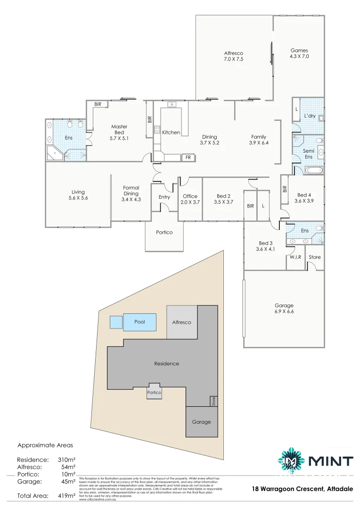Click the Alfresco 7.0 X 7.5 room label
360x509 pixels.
tap(234, 56)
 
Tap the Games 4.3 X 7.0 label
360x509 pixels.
tap(299, 53)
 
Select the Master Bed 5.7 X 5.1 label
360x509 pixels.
tap(119, 132)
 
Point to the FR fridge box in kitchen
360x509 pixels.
tap(188, 157)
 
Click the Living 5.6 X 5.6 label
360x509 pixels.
tap(78, 195)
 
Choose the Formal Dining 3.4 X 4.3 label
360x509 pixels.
tap(131, 193)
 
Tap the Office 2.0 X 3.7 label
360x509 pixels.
tap(189, 199)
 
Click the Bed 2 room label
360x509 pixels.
tap(223, 199)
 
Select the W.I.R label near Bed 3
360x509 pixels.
tap(295, 257)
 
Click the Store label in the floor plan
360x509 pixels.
tap(314, 257)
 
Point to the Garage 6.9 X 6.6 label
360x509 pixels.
tap(284, 308)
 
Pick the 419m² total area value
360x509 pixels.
tap(66, 496)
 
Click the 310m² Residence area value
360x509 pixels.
tap(66, 460)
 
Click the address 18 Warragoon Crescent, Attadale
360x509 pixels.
tap(302, 489)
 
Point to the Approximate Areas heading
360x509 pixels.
tap(45, 444)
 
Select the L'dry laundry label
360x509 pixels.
tap(310, 115)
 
